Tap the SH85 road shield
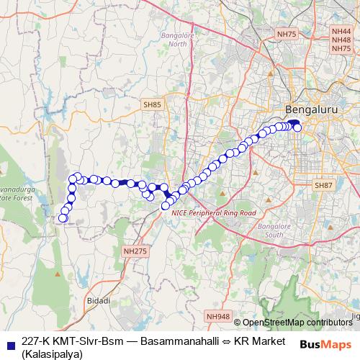pyautogui.click(x=152, y=105)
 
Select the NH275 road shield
pyautogui.click(x=135, y=251)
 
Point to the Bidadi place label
pyautogui.click(x=99, y=300)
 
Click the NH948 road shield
pyautogui.click(x=217, y=316)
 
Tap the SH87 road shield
pyautogui.click(x=323, y=186)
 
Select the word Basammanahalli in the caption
pyautogui.click(x=174, y=341)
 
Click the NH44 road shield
pyautogui.click(x=341, y=32)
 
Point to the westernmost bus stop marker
pyautogui.click(x=63, y=217)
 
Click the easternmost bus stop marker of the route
pyautogui.click(x=298, y=128)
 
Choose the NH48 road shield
pyautogui.click(x=341, y=40)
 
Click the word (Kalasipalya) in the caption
pyautogui.click(x=53, y=354)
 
